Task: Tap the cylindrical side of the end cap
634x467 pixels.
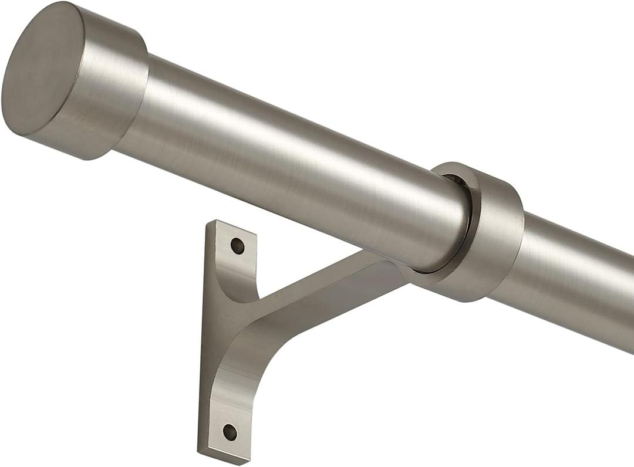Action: [112, 82]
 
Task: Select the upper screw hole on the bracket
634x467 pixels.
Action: [237, 245]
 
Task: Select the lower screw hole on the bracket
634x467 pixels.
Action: [230, 432]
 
